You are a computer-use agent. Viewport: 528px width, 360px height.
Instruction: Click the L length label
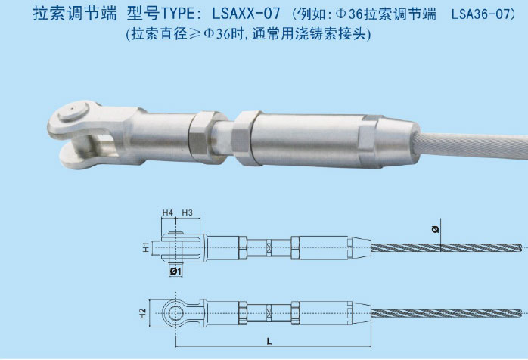(x=269, y=343)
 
